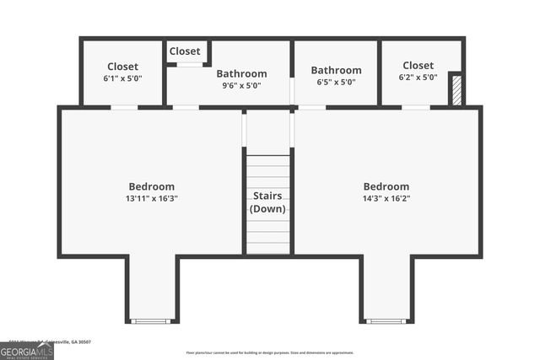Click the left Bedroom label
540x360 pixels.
point(152,186)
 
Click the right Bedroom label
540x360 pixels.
point(386,186)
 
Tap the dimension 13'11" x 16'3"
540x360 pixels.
point(152,199)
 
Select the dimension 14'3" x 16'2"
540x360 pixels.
point(386,199)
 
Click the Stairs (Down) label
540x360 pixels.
point(268,202)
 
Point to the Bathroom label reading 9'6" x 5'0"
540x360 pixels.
point(241,73)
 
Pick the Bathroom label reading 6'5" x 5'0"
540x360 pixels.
point(336,70)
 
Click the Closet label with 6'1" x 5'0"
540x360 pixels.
point(122,67)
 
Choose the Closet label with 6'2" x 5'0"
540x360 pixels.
point(418,65)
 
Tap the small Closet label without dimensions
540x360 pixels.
point(185,51)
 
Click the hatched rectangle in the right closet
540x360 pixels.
point(456,90)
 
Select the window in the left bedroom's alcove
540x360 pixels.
point(152,321)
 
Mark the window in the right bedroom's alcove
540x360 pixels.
point(386,321)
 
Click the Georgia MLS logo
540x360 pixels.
point(27,350)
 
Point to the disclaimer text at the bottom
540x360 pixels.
point(270,352)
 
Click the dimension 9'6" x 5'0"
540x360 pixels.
point(241,84)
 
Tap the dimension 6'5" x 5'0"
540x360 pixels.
point(336,82)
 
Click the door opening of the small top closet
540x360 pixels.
point(189,64)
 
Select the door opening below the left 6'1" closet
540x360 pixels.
point(124,107)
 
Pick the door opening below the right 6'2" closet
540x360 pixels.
point(415,107)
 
